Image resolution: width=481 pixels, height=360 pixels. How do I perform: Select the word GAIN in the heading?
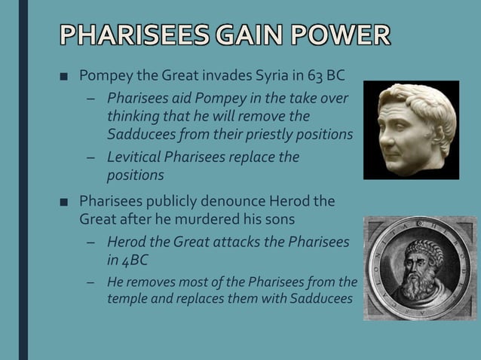tap(240, 35)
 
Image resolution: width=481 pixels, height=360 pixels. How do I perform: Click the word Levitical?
tap(137, 157)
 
